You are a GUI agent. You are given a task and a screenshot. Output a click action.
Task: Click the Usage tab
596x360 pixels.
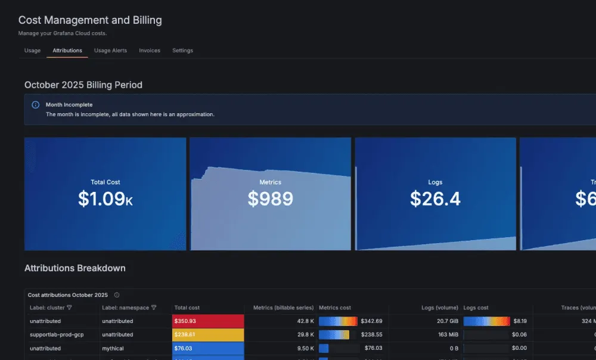[x=32, y=51]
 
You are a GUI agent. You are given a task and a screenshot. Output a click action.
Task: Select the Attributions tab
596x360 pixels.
[x=67, y=51]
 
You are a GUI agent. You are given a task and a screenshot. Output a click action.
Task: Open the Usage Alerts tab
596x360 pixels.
[x=110, y=51]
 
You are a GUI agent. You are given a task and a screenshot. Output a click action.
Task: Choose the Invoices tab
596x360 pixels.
[x=150, y=51]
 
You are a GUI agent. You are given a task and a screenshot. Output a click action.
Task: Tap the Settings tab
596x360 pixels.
[x=182, y=51]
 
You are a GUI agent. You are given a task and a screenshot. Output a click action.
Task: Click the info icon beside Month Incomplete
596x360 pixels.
[x=35, y=105]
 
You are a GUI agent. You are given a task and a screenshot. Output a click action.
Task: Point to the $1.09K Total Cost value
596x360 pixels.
[x=105, y=199]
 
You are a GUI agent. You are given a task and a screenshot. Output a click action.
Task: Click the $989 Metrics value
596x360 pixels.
[x=270, y=199]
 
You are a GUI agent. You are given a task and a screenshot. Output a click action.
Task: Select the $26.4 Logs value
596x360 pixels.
[x=435, y=199]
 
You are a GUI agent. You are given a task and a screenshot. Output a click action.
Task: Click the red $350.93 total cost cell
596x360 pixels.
[x=207, y=321]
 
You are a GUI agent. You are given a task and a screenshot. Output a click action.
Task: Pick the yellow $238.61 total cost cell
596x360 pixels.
[x=207, y=335]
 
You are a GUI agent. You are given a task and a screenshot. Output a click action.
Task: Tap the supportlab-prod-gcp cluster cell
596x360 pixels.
[x=57, y=335]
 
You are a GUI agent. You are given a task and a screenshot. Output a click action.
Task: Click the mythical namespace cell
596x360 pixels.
[x=113, y=348]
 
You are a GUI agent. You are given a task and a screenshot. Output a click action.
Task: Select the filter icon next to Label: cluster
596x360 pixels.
[x=69, y=308]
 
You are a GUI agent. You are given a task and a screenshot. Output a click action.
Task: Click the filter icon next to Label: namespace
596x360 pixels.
[x=154, y=308]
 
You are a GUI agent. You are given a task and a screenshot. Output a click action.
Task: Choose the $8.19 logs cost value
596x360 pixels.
[x=519, y=321]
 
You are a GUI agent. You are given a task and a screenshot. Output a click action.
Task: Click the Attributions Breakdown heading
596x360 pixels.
[x=75, y=268]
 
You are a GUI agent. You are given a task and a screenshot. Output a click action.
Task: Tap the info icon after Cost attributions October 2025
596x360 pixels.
[x=117, y=295]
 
